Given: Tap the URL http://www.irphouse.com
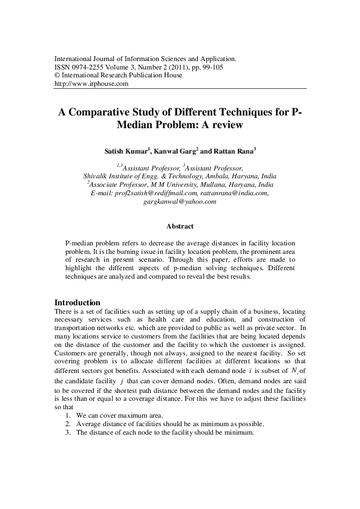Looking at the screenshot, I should [91, 84].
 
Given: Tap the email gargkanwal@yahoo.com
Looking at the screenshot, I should [179, 201].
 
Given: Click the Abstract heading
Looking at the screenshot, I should [180, 226].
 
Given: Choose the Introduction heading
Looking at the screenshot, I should [77, 302].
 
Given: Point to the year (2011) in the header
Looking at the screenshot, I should [175, 68].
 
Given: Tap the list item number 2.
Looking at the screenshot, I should [67, 424].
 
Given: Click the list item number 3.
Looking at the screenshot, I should [67, 433].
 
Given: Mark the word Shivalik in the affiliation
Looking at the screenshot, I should [96, 175].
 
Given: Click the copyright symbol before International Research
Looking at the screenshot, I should [57, 76].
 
